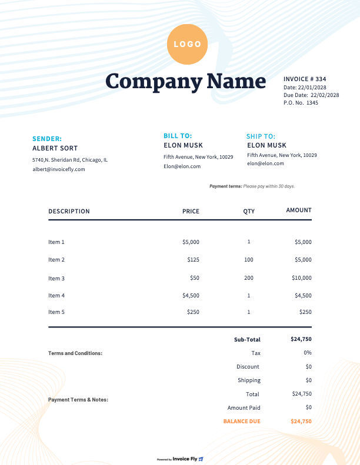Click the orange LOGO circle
point(187,44)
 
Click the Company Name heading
point(186,81)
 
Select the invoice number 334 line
point(305,79)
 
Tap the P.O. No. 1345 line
point(301,103)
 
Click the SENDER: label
point(47,139)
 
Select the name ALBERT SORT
point(55,148)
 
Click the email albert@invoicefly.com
point(59,169)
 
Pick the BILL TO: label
point(178,136)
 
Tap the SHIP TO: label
point(261,136)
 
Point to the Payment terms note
point(252,186)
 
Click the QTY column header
point(249,211)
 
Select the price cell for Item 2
point(193,259)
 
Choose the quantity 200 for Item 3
point(249,277)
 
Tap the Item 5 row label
point(56,312)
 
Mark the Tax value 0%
point(308,353)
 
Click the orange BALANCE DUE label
point(242,421)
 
